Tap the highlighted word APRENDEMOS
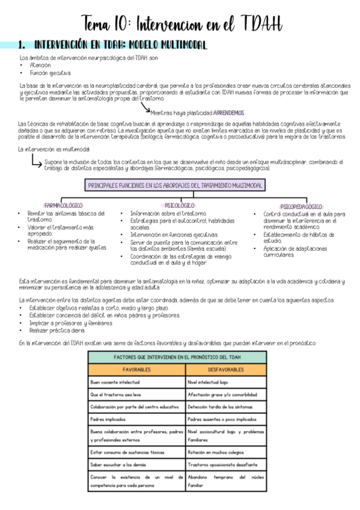[228, 112]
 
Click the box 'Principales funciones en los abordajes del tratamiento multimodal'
[175, 186]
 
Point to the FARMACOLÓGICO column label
[63, 205]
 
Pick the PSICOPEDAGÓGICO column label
[301, 206]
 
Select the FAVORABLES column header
[136, 369]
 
